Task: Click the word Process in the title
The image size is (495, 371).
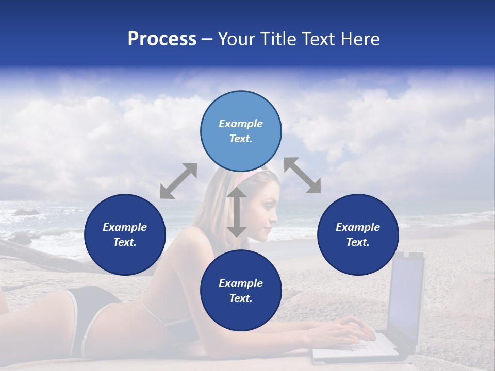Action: (x=162, y=39)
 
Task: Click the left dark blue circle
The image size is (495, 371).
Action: (x=125, y=234)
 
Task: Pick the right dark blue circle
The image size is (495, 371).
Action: (x=358, y=234)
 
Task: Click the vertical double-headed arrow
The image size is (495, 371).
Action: (x=237, y=212)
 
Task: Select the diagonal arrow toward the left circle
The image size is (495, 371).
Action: (x=178, y=181)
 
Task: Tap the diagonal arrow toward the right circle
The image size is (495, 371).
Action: (x=302, y=175)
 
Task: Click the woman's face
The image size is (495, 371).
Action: (x=268, y=211)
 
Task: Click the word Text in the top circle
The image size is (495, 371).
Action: (x=240, y=139)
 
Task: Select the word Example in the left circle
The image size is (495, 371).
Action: (x=125, y=227)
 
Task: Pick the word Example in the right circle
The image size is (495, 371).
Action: (x=358, y=227)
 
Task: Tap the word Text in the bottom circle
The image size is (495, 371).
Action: (x=240, y=298)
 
